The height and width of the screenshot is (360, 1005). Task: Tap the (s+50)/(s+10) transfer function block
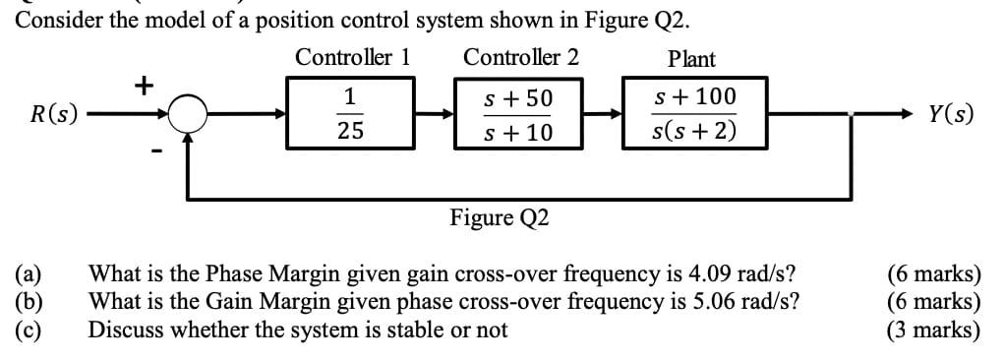click(x=519, y=115)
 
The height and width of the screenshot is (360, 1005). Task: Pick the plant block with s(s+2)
click(x=695, y=115)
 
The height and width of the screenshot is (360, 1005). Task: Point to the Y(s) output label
click(x=950, y=115)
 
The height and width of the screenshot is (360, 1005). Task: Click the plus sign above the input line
click(x=143, y=86)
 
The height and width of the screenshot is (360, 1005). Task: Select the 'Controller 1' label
click(x=352, y=58)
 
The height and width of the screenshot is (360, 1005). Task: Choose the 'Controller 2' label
click(x=521, y=58)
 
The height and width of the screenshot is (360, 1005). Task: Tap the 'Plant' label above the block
click(x=691, y=59)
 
